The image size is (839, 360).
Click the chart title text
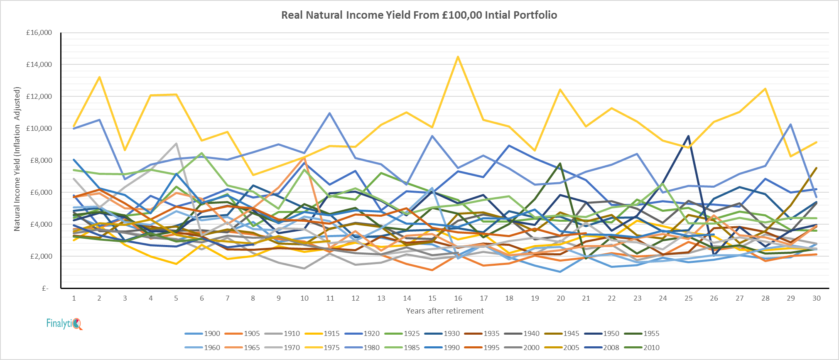(419, 15)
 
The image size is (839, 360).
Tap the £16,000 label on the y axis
(39, 32)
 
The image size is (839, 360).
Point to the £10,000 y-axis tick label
(39, 128)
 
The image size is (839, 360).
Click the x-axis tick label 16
(458, 298)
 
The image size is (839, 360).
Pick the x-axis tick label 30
(817, 298)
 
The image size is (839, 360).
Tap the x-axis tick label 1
(74, 298)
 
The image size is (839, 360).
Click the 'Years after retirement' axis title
(445, 311)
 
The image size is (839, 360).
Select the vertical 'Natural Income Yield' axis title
(17, 159)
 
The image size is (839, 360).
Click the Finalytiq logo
(64, 323)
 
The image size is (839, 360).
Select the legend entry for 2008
(611, 348)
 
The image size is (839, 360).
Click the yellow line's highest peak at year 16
(458, 56)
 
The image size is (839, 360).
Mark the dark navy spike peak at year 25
(689, 136)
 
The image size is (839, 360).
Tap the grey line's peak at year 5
(177, 143)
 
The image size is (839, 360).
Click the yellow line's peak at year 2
(99, 77)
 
